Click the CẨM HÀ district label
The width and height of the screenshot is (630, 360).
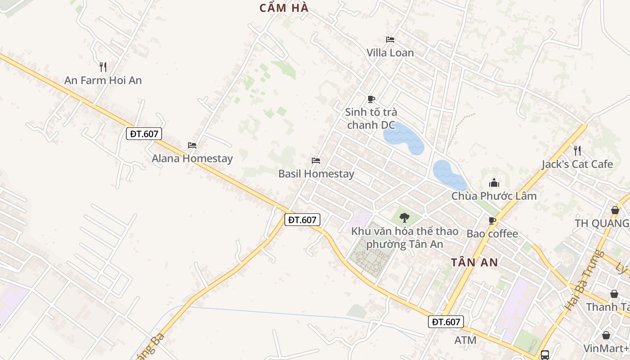click(x=284, y=8)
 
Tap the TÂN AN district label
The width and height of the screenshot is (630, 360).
click(x=474, y=262)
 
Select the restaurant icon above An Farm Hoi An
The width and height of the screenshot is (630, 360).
click(x=103, y=67)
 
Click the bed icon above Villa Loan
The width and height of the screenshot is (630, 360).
click(x=390, y=40)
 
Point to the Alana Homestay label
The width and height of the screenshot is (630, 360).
click(x=192, y=158)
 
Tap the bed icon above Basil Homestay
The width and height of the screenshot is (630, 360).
click(x=316, y=161)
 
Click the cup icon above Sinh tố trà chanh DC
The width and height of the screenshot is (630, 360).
click(x=371, y=99)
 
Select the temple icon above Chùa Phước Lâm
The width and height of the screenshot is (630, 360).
click(x=494, y=183)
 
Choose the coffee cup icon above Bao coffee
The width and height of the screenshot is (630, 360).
click(x=492, y=220)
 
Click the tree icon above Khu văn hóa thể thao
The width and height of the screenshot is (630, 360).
click(x=405, y=218)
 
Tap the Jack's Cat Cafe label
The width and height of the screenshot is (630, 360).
click(x=577, y=164)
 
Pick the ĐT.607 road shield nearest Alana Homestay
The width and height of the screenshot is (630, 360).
click(x=144, y=134)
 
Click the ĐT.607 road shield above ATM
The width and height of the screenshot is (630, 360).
click(x=445, y=322)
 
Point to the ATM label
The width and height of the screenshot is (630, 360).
click(x=465, y=340)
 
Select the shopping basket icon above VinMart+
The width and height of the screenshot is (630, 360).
click(x=606, y=335)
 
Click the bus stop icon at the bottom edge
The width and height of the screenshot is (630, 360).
click(x=545, y=355)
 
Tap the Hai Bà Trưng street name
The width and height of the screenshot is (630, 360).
click(x=584, y=280)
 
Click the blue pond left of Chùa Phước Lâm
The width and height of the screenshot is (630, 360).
click(x=448, y=175)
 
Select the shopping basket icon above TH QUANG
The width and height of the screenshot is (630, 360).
click(x=615, y=210)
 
